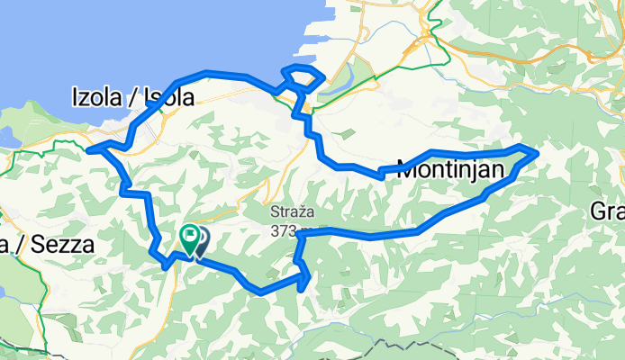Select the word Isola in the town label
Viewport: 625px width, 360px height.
(x=166, y=97)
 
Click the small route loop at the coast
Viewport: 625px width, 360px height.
(x=301, y=77)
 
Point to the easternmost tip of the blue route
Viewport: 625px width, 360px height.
(x=538, y=154)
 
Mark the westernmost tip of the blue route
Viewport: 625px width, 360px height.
(x=88, y=149)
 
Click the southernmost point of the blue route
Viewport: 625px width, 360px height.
(x=260, y=292)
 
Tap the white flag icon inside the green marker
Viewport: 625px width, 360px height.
(x=190, y=237)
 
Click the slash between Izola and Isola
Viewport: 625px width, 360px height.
(x=129, y=97)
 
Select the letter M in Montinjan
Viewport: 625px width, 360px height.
(x=408, y=167)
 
